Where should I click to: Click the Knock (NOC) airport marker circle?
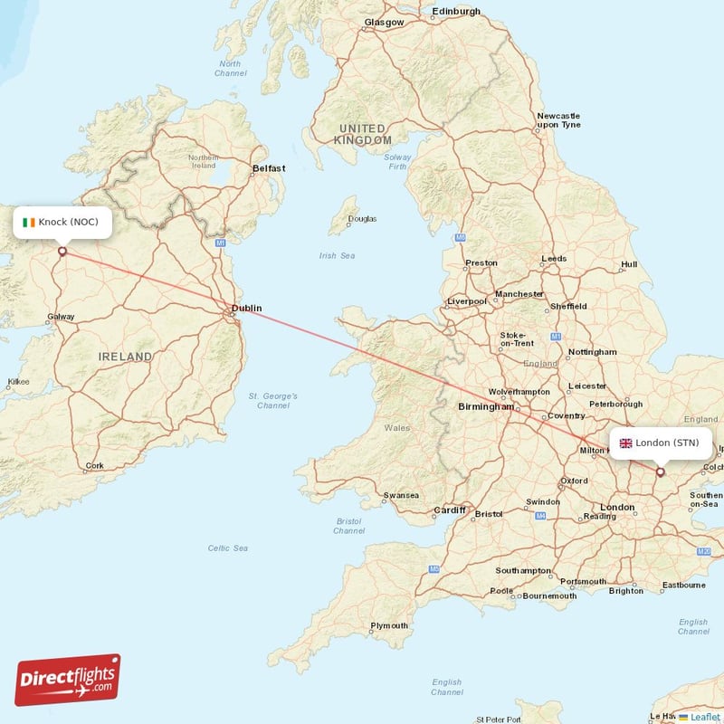(62, 252)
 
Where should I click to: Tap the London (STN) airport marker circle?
(660, 472)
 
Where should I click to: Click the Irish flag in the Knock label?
(29, 222)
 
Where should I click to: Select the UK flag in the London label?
(625, 443)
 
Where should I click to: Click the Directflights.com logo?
(68, 680)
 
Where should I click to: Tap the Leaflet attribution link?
(704, 716)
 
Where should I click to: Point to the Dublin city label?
(246, 309)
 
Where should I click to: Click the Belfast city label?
(269, 168)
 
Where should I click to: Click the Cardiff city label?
(448, 510)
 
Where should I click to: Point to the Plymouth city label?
(389, 625)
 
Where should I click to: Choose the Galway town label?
(61, 317)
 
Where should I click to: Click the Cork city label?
(94, 467)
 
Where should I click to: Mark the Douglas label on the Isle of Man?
(363, 219)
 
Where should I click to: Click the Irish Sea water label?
(337, 256)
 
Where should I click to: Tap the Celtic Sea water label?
(227, 548)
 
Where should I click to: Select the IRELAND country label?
(125, 357)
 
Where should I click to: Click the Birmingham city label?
(485, 407)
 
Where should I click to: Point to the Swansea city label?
(401, 495)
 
